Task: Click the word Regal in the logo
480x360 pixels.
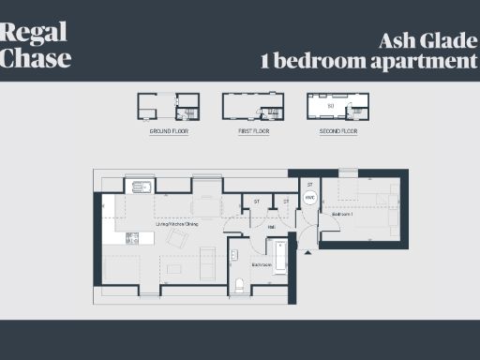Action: click(x=34, y=33)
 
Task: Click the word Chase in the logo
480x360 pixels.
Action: click(x=36, y=57)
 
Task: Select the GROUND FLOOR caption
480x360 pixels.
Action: click(x=169, y=132)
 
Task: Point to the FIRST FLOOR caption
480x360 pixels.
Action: click(x=253, y=132)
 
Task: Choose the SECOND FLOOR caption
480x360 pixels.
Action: click(x=337, y=132)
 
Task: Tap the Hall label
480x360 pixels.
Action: click(x=271, y=226)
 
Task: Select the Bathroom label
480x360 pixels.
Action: click(x=262, y=265)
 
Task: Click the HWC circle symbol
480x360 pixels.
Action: click(x=309, y=198)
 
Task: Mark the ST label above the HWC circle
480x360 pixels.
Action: click(x=309, y=185)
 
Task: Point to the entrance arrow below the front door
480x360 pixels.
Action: click(x=307, y=252)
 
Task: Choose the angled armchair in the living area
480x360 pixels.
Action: click(x=177, y=239)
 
